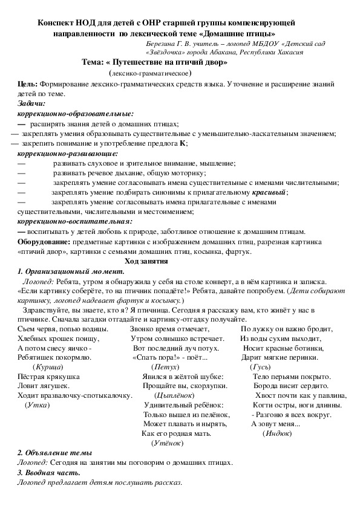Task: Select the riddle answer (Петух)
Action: point(165,367)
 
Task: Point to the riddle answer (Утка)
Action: point(38,404)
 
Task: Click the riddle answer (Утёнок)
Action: point(167,443)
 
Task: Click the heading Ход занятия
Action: point(145,261)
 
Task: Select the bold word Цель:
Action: point(27,84)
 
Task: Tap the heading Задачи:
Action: point(31,103)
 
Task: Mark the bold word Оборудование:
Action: point(45,241)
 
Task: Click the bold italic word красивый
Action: point(269,192)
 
